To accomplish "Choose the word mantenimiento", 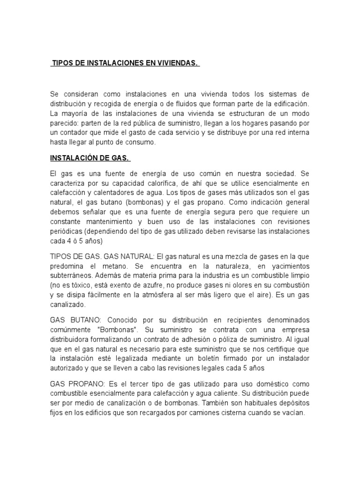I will tap(110, 221).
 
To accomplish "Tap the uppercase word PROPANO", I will tap(89, 383).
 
